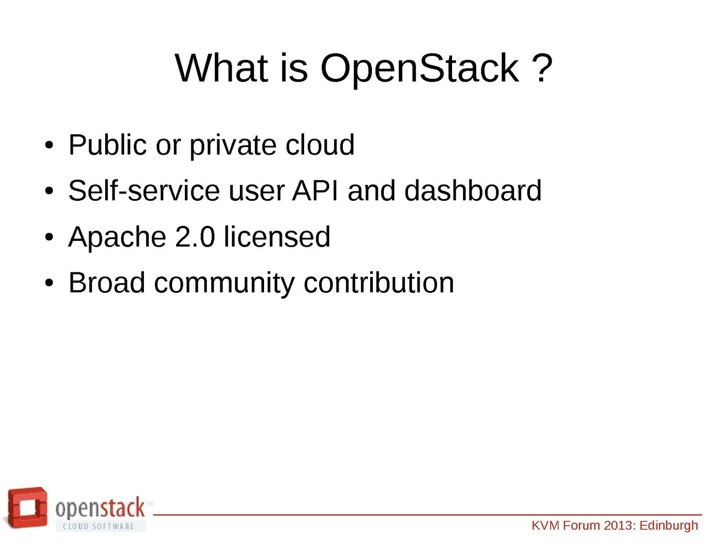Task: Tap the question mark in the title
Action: [x=543, y=67]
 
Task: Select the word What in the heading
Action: [x=221, y=68]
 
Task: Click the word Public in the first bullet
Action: [x=107, y=144]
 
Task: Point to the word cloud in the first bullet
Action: [x=320, y=144]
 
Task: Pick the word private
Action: [x=233, y=146]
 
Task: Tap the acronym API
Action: [x=315, y=190]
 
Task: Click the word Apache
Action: [x=117, y=238]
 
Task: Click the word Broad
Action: [x=107, y=282]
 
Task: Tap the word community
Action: [x=224, y=284]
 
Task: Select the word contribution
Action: [x=379, y=282]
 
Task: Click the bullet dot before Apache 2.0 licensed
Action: [x=49, y=237]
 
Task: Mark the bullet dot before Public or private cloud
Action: [x=49, y=145]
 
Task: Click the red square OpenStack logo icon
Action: [x=26, y=508]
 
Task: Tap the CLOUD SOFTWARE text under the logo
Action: [x=98, y=526]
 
